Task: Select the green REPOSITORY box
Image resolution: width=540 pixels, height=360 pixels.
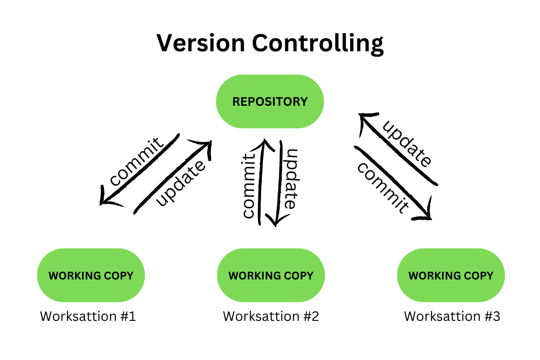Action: [x=270, y=101]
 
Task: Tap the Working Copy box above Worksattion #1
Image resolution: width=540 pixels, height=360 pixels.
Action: [x=91, y=275]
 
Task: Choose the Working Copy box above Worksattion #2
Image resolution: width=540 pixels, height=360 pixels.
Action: [x=271, y=275]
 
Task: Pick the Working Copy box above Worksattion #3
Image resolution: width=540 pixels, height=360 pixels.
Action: [x=451, y=275]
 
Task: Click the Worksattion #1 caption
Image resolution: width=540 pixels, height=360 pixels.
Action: [x=88, y=316]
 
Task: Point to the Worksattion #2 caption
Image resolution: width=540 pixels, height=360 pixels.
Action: [x=271, y=316]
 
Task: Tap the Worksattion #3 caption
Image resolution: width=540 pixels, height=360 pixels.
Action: [x=452, y=316]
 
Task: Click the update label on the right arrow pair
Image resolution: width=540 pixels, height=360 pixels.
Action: [x=407, y=144]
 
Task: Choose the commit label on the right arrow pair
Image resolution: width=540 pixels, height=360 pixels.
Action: [x=383, y=187]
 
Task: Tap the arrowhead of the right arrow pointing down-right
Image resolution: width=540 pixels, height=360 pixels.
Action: [x=425, y=214]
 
